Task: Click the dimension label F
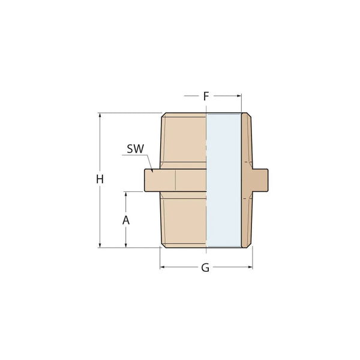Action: click(206, 96)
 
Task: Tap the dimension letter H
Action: click(100, 179)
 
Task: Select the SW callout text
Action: click(136, 149)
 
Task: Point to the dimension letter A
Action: click(126, 220)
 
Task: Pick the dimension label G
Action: click(205, 268)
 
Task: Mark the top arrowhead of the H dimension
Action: click(100, 116)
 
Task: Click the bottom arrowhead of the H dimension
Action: click(100, 244)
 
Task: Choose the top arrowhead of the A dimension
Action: click(126, 194)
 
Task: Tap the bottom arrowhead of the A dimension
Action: click(126, 244)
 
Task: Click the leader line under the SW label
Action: click(135, 156)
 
